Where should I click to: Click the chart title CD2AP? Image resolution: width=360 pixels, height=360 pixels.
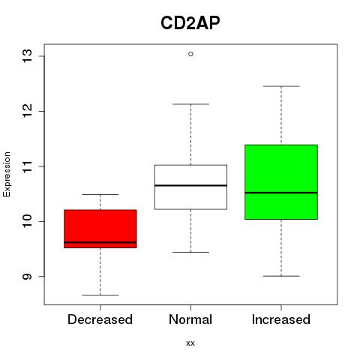pos(190,23)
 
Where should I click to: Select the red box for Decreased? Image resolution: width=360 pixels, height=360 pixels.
pos(100,229)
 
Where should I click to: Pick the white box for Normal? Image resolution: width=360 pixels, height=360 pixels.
pos(190,187)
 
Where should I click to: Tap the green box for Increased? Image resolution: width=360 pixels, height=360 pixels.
pos(281,182)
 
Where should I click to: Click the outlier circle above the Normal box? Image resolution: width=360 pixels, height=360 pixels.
pos(190,54)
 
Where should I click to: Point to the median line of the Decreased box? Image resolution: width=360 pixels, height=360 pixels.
pos(100,242)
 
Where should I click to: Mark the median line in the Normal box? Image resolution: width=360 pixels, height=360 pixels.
pos(190,185)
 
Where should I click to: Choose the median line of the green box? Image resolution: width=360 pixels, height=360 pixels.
pos(281,193)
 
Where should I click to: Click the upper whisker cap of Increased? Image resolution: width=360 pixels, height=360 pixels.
pos(281,86)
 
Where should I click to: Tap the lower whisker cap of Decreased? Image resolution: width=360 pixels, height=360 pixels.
pos(100,295)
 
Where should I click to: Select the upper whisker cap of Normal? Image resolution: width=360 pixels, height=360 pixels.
pos(190,104)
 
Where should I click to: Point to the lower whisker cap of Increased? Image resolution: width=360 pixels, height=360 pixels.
pos(281,276)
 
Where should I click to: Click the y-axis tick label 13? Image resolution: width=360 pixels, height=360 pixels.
pos(27,56)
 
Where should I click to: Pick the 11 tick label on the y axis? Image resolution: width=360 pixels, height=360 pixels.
pos(27,166)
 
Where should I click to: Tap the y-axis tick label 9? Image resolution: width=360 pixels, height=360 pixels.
pos(27,277)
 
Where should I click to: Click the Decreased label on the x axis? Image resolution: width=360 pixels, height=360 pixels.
pos(100,319)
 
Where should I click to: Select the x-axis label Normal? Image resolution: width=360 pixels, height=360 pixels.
pos(190,319)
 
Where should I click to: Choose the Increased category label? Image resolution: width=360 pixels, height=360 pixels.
pos(281,319)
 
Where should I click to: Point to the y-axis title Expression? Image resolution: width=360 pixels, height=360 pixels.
pos(7,174)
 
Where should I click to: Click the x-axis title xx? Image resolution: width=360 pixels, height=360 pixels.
pos(190,343)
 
